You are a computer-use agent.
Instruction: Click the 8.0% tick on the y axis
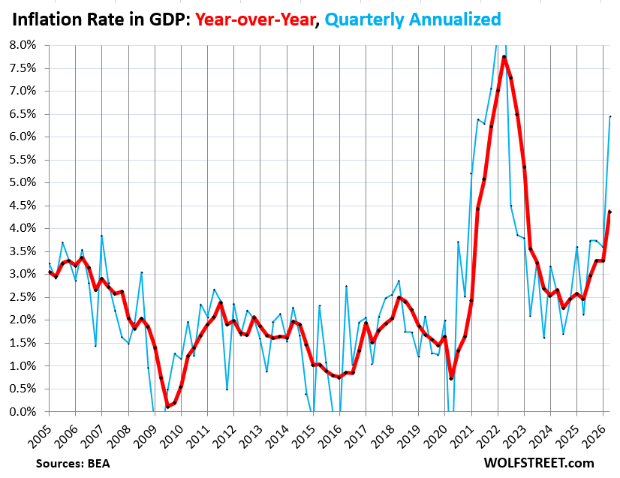coord(23,45)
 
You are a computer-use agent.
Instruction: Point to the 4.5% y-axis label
coord(23,206)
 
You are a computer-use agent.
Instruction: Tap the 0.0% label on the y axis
coord(23,411)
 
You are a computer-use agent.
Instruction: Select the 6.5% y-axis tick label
coord(23,114)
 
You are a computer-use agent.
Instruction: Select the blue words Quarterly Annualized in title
coord(413,20)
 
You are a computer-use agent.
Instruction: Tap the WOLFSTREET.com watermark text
coord(539,462)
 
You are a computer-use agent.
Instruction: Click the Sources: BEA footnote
coord(73,464)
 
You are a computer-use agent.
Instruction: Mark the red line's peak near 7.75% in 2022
coord(504,56)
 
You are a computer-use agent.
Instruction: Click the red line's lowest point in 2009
coord(167,407)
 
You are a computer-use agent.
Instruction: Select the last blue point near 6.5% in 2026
coord(610,116)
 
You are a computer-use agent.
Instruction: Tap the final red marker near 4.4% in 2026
coord(610,212)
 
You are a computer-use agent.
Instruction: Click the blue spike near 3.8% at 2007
coord(101,236)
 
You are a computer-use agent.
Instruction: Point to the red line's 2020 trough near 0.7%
coord(451,379)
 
